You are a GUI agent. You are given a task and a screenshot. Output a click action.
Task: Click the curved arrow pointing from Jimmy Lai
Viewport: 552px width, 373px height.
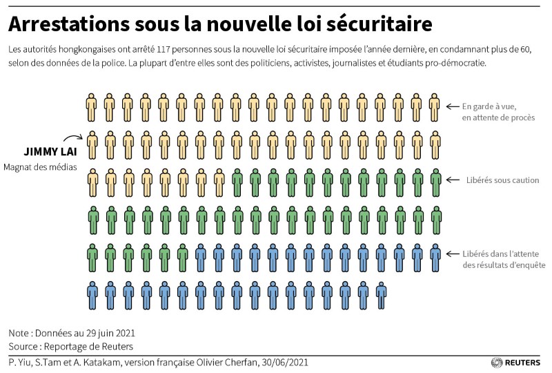tap(72, 138)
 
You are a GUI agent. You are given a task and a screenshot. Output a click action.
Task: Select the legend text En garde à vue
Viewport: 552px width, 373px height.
tap(489, 106)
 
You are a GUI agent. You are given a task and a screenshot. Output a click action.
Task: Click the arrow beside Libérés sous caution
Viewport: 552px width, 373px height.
tap(452, 180)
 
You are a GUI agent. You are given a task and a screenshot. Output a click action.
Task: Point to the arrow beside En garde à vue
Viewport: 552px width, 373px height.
tap(452, 106)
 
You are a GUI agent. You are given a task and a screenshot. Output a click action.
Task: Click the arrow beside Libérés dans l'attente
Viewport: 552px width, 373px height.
tap(452, 254)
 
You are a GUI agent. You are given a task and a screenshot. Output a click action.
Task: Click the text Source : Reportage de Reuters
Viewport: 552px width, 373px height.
tap(70, 346)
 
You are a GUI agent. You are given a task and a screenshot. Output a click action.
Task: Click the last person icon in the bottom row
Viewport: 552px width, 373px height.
tap(381, 295)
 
